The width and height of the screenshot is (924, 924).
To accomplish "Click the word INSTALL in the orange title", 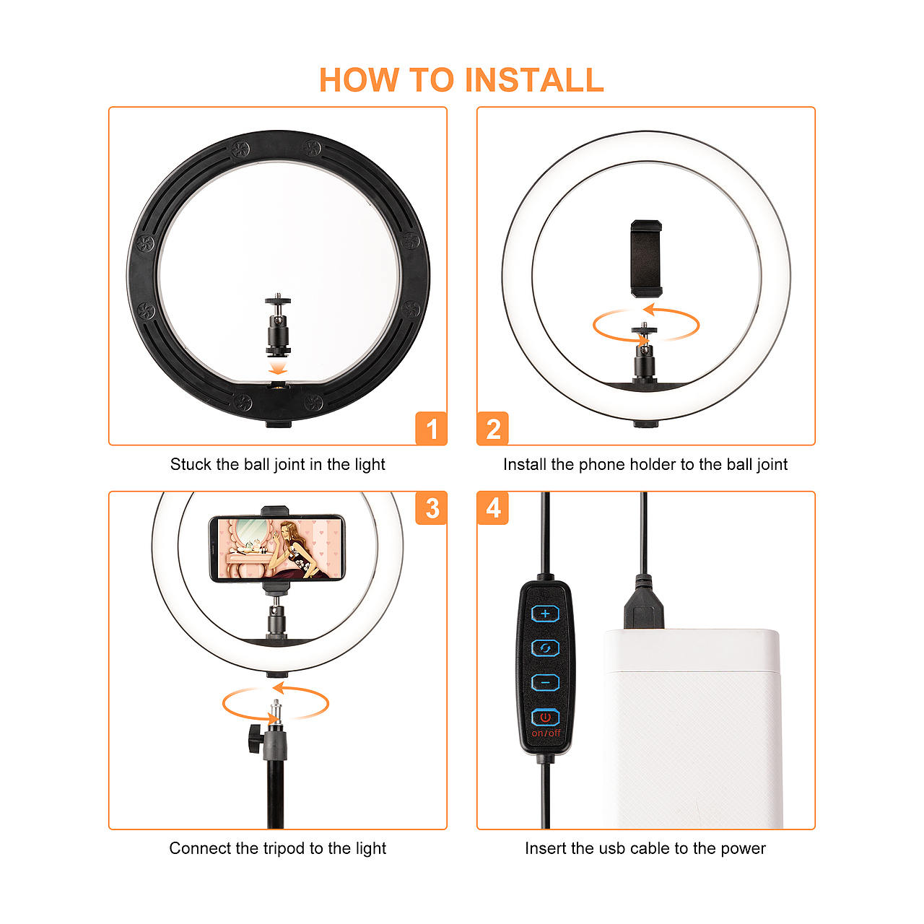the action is click(x=534, y=79).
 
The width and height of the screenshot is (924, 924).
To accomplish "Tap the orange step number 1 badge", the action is click(x=431, y=428).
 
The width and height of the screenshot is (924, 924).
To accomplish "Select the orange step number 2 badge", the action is click(x=492, y=428).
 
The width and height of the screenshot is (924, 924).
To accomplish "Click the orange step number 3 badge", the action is click(x=431, y=507).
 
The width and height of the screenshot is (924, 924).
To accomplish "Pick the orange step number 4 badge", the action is click(x=492, y=507).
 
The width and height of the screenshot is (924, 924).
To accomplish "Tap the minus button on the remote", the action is click(x=545, y=682).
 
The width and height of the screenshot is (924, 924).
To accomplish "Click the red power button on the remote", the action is click(x=545, y=718).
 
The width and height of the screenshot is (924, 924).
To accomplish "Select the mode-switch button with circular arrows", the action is click(x=545, y=648).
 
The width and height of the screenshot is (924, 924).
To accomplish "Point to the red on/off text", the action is click(x=546, y=733).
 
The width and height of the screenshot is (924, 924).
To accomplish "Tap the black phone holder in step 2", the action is click(x=646, y=258).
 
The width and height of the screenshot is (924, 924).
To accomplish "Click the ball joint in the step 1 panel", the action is click(x=278, y=325).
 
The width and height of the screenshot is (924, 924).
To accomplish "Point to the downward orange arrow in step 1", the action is click(x=278, y=367).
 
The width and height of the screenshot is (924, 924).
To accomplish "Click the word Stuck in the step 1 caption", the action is click(x=191, y=464).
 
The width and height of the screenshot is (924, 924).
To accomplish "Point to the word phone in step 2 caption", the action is click(x=602, y=465).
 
